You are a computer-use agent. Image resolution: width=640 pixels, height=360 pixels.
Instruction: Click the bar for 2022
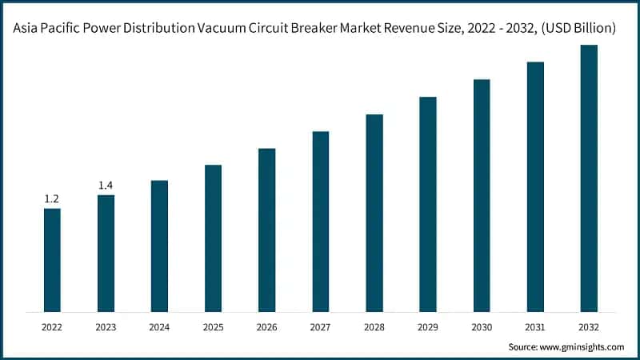(52, 260)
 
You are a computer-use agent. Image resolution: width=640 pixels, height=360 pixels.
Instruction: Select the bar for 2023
(106, 253)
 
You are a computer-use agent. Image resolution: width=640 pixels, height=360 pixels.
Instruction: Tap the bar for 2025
(213, 238)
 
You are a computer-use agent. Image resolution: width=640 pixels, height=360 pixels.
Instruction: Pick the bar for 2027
(321, 222)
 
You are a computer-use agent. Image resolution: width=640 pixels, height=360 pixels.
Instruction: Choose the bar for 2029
(428, 204)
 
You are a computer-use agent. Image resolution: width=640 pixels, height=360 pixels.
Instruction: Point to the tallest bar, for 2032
(589, 178)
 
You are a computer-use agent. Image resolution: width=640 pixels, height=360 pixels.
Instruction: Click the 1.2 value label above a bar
(52, 198)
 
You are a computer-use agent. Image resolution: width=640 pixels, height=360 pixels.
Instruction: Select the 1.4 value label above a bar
(106, 185)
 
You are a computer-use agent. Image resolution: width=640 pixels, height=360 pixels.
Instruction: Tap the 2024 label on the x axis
(159, 326)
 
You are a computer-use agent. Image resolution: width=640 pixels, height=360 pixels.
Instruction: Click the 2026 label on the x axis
(266, 326)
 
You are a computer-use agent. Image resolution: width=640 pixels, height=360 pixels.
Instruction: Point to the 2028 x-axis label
(374, 326)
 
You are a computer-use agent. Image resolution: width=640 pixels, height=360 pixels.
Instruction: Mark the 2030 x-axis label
(482, 326)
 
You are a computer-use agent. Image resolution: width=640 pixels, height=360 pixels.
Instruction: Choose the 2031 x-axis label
(535, 326)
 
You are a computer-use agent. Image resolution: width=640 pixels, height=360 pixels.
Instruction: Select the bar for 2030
(482, 195)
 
